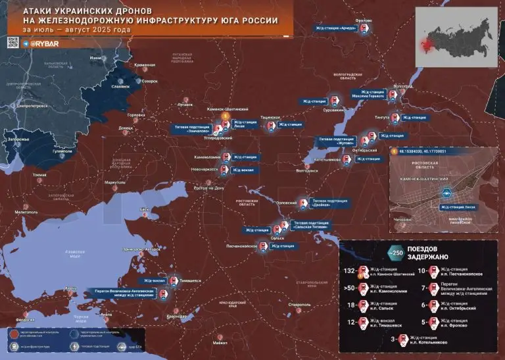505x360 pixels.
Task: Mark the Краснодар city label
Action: click(176, 317)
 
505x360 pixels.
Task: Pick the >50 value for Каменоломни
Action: click(349, 288)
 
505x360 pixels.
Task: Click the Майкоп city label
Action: click(220, 343)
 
